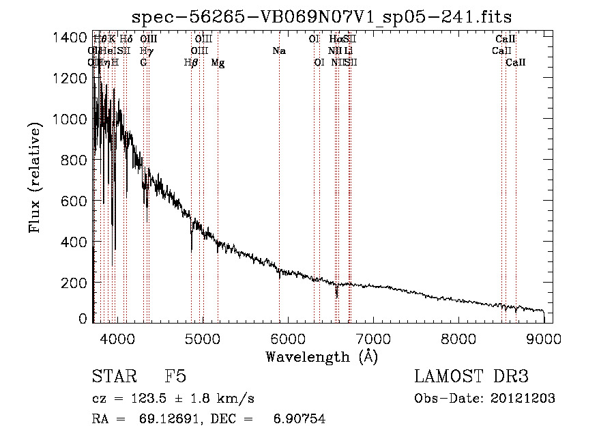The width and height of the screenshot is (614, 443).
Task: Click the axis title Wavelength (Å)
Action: (321, 356)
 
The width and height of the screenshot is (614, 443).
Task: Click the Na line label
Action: (278, 51)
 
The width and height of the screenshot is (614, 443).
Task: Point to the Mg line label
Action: (218, 63)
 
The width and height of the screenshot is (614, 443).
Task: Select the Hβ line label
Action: (191, 63)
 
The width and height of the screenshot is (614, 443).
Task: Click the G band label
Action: (143, 63)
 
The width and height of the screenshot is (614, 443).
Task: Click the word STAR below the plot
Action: (113, 377)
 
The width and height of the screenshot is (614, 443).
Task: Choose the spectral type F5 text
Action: (175, 377)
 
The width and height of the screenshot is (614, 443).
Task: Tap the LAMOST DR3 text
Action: (471, 377)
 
